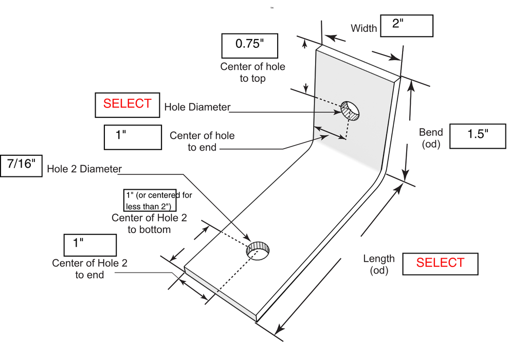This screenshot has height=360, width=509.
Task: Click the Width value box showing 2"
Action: click(406, 26)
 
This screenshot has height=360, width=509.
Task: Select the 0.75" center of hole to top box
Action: click(250, 46)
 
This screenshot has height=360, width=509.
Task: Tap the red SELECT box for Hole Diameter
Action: click(128, 105)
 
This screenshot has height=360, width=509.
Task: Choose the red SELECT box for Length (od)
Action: click(440, 264)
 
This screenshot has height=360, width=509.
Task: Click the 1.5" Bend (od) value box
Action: click(478, 136)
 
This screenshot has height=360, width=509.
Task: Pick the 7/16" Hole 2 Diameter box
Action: click(21, 166)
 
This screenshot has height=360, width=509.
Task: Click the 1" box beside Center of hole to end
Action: click(133, 137)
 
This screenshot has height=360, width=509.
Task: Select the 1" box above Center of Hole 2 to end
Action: click(90, 245)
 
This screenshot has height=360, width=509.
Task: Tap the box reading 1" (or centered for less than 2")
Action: click(150, 200)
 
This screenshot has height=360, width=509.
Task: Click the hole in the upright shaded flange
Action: click(350, 111)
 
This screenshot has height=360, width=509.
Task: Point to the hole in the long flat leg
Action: click(258, 250)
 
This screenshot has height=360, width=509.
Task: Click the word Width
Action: click(363, 28)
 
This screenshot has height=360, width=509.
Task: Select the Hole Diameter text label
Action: click(197, 107)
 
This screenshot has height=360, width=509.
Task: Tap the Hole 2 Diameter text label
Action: click(84, 169)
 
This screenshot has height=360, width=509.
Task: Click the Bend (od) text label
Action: click(431, 138)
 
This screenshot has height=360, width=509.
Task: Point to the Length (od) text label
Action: click(379, 264)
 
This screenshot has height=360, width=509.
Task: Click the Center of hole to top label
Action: click(252, 72)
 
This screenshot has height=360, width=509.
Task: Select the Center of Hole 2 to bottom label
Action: click(149, 223)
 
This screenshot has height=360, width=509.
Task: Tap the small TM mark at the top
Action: click(272, 8)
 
